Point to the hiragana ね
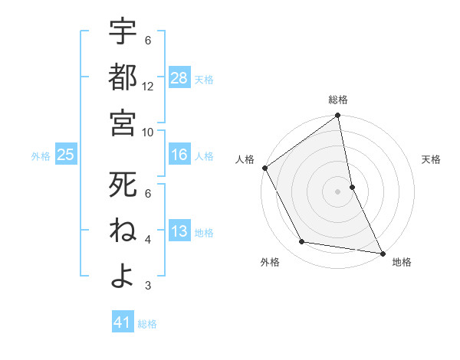[x=123, y=230]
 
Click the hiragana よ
[x=123, y=275]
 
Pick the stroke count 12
[x=148, y=87]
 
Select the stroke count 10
[x=148, y=132]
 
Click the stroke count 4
[x=148, y=240]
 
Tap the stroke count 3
[x=148, y=286]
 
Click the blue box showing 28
[x=179, y=78]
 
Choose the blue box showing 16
[x=179, y=155]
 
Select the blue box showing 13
[x=179, y=232]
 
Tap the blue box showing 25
[x=65, y=155]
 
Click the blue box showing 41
[x=123, y=322]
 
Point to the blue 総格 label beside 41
[x=147, y=324]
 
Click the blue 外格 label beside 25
[x=41, y=156]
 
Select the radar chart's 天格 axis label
[x=432, y=159]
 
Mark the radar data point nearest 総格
[x=337, y=116]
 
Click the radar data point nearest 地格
[x=382, y=252]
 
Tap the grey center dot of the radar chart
[x=337, y=191]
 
